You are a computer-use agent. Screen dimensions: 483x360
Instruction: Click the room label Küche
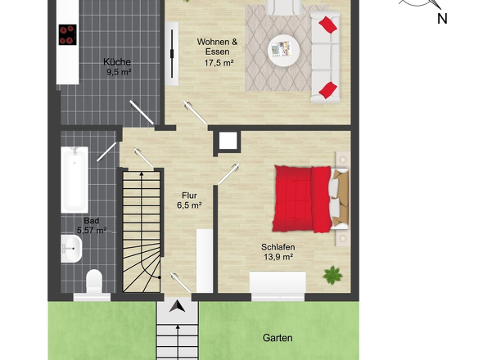(x=117, y=62)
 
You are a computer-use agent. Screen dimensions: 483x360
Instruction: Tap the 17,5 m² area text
(x=219, y=63)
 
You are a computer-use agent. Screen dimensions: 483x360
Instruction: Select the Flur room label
(x=189, y=196)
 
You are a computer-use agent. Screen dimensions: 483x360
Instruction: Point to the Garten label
(x=278, y=338)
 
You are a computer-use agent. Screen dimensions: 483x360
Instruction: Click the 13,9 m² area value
(x=278, y=257)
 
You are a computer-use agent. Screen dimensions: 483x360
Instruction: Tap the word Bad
(x=92, y=221)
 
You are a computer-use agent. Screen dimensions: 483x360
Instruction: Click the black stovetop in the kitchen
(x=68, y=35)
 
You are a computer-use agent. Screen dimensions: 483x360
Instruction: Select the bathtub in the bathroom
(x=74, y=180)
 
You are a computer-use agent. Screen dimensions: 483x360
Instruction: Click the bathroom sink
(x=71, y=249)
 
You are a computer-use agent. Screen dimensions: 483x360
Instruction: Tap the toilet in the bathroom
(x=94, y=281)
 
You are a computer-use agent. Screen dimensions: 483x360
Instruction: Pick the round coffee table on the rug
(x=284, y=51)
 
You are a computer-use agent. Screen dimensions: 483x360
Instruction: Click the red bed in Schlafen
(x=302, y=199)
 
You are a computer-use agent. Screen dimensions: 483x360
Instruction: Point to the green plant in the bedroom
(x=332, y=275)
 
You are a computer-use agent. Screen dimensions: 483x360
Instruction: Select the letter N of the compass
(x=442, y=19)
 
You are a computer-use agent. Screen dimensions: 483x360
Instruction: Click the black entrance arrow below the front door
(x=177, y=307)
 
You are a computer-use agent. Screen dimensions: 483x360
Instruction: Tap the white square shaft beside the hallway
(x=228, y=141)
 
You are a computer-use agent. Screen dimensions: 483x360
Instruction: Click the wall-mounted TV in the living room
(x=172, y=53)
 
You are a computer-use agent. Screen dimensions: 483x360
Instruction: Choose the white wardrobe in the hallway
(x=205, y=260)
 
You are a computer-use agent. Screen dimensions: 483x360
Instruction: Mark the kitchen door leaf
(x=142, y=112)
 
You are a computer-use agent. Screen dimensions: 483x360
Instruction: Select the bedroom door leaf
(x=229, y=174)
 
